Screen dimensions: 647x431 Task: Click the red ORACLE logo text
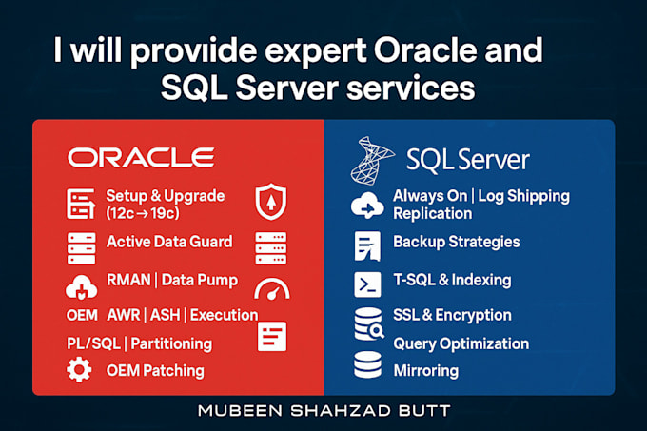coord(141,158)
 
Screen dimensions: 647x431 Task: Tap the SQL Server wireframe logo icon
coord(372,161)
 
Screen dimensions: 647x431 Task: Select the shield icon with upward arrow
coord(270,202)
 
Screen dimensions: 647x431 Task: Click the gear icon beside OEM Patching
coord(79,370)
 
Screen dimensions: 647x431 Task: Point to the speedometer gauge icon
coord(271,288)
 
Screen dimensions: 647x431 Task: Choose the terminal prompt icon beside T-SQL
coord(367,284)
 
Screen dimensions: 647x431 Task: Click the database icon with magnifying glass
coord(369,324)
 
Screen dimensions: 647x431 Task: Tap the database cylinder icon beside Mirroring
coord(367,364)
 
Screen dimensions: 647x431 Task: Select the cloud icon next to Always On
coord(367,206)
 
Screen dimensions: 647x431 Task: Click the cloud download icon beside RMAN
coord(81,286)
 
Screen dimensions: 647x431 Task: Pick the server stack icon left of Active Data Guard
coord(81,248)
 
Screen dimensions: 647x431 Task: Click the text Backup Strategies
coord(457,242)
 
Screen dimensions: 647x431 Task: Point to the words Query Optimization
coord(461,344)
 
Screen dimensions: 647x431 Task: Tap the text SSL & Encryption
coord(452,315)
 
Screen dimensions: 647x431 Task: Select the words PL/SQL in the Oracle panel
coord(93,343)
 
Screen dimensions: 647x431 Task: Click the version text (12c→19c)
coord(143,213)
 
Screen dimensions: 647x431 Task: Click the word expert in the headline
coord(315,51)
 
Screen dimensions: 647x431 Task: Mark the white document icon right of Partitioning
coord(272,336)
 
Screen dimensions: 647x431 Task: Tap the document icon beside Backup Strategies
coord(367,245)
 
